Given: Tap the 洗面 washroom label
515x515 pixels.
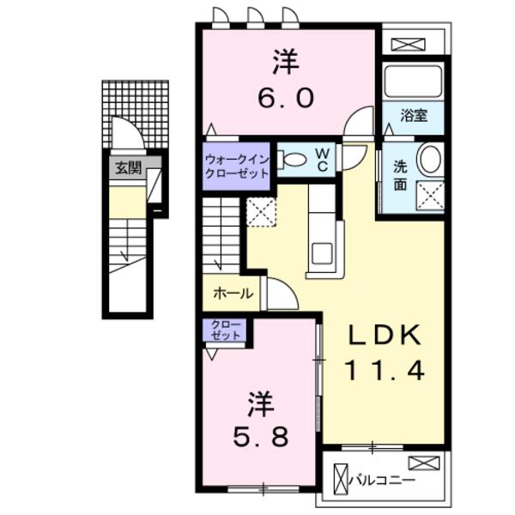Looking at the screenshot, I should click(x=401, y=175).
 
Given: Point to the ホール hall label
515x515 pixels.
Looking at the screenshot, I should click(x=233, y=294).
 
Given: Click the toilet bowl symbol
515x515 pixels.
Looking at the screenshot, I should click(x=293, y=160).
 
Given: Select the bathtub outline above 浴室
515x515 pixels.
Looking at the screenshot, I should click(x=413, y=82).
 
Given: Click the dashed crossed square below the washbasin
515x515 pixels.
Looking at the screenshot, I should click(x=430, y=195).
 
